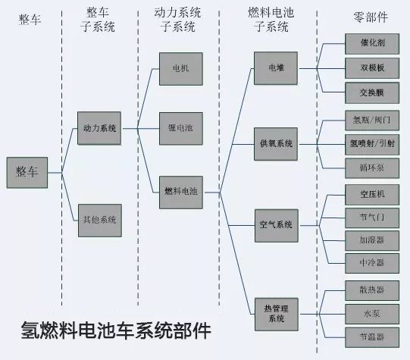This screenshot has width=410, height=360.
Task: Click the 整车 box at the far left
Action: [x=27, y=173]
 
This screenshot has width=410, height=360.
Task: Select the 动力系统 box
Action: [x=99, y=128]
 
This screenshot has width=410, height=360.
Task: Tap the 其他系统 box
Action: [x=100, y=221]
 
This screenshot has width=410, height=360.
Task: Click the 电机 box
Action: [x=181, y=69]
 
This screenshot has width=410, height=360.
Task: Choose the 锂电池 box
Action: [x=181, y=128]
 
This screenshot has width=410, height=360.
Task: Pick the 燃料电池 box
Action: [x=181, y=193]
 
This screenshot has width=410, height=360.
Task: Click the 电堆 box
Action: [x=276, y=68]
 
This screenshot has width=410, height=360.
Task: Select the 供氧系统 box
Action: [x=276, y=144]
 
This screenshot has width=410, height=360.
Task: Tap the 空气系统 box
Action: [x=277, y=225]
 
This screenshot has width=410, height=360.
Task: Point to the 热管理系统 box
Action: [x=277, y=315]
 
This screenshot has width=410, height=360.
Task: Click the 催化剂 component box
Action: [x=372, y=44]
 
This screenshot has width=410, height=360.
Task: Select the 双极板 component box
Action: [x=372, y=68]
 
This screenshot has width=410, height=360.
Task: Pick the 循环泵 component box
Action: [x=372, y=168]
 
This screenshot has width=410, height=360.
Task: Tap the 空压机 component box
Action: [x=372, y=195]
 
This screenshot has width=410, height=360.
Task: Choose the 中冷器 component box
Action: [x=372, y=263]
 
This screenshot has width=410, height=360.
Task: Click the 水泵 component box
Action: [x=372, y=314]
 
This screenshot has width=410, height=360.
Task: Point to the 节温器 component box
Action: [x=372, y=337]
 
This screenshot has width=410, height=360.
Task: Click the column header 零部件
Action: [x=371, y=17]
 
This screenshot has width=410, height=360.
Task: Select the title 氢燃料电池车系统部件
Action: [x=116, y=330]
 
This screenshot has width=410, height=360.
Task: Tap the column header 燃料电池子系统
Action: [x=271, y=20]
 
